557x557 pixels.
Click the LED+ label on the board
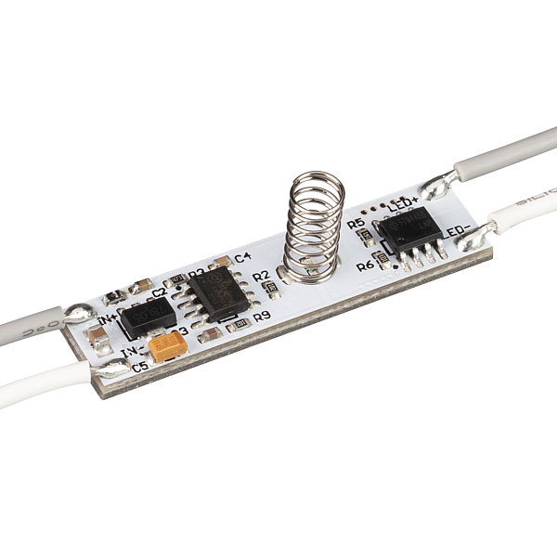click(x=404, y=201)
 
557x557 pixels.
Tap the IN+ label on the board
click(x=109, y=321)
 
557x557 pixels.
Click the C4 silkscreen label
click(x=243, y=257)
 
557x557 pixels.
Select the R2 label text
click(x=261, y=276)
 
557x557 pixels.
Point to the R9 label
click(x=262, y=317)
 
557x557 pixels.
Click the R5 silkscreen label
click(x=356, y=225)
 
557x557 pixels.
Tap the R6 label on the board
click(x=364, y=266)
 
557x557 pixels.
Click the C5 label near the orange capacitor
click(x=140, y=367)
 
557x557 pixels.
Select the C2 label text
click(x=159, y=292)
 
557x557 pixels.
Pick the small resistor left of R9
click(x=240, y=323)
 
